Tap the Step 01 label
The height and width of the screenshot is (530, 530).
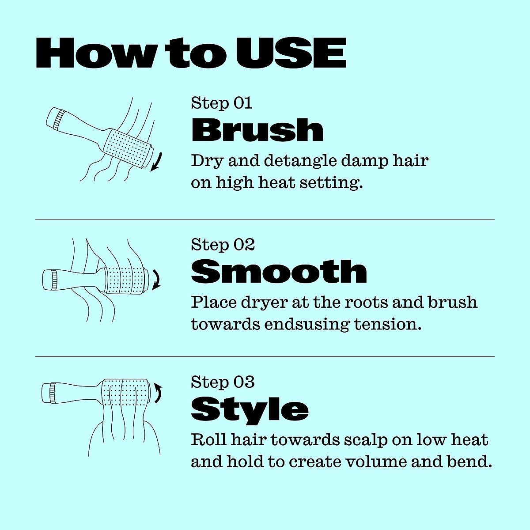point(221,103)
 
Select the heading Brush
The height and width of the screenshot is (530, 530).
point(257,130)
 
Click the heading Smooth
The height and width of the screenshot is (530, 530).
point(279,272)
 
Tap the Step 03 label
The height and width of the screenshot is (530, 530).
point(223,382)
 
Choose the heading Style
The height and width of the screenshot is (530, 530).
point(250,409)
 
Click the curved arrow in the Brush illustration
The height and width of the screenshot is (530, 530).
point(157,162)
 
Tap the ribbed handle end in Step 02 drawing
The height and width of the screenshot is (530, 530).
point(53,280)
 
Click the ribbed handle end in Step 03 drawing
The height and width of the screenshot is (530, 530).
point(53,393)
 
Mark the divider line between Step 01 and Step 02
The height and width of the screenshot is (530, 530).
point(265,219)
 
